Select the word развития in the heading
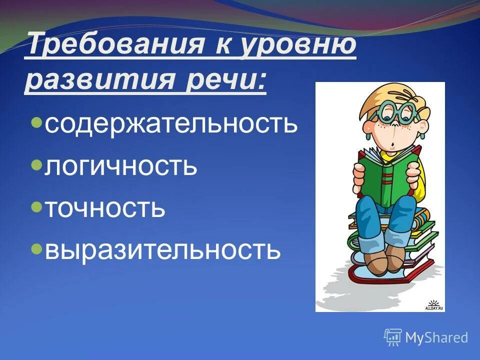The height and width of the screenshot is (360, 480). (x=102, y=80)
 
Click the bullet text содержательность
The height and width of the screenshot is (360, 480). (x=171, y=123)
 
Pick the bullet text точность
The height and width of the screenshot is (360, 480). (x=105, y=207)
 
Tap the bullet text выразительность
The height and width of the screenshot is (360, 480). (x=162, y=249)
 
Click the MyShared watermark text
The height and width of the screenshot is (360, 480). (x=436, y=337)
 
